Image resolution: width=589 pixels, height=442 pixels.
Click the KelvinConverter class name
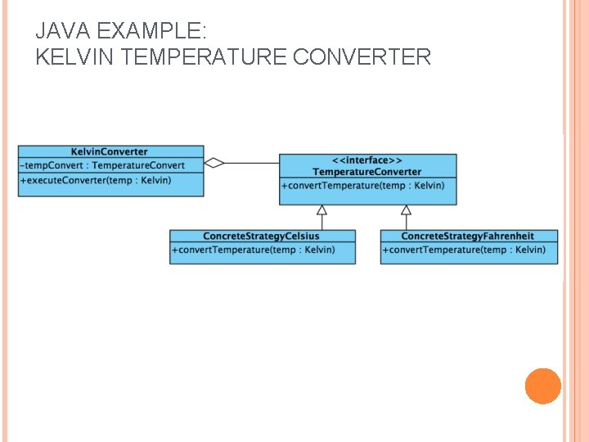(110, 151)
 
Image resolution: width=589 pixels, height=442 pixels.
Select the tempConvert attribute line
(102, 165)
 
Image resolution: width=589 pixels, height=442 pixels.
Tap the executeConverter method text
(96, 180)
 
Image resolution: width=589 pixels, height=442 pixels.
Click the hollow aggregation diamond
(214, 163)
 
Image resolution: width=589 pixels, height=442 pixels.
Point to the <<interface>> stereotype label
(367, 160)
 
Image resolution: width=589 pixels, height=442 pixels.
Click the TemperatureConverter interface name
(367, 172)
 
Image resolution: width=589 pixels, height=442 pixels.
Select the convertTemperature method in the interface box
(363, 186)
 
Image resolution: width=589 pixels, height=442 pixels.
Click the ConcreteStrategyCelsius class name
(261, 236)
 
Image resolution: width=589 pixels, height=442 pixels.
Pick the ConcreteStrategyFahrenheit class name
(468, 236)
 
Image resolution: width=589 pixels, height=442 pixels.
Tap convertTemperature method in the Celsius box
(253, 250)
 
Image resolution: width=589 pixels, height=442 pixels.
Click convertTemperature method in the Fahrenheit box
(464, 250)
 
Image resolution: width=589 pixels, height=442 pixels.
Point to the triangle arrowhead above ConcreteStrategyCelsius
(322, 210)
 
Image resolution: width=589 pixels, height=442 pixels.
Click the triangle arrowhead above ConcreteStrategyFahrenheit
(406, 210)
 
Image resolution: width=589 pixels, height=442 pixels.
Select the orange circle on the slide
(543, 386)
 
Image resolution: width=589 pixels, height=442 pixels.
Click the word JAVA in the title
(63, 30)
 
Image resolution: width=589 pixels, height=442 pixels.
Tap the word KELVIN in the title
(74, 56)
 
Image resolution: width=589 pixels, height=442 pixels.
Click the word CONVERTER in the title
(362, 56)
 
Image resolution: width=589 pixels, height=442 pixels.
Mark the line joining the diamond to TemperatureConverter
(252, 163)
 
